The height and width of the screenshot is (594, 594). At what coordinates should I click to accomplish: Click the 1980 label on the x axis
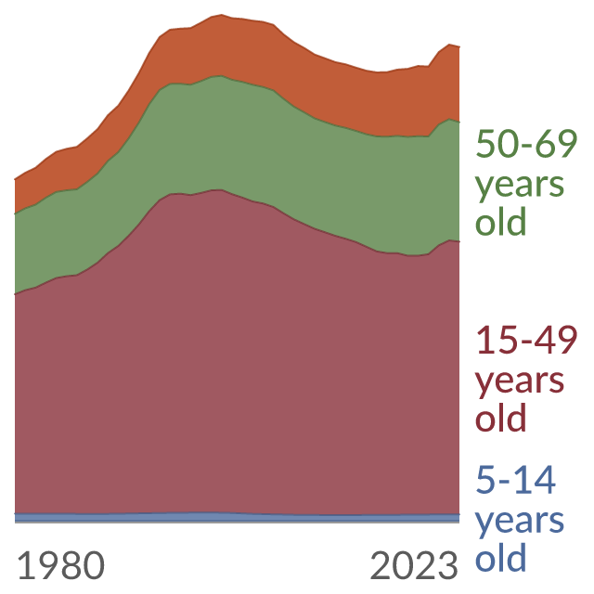click(x=61, y=565)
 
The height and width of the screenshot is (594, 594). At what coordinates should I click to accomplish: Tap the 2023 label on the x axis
click(x=414, y=565)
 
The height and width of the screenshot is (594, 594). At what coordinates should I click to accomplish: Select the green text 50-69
click(x=526, y=144)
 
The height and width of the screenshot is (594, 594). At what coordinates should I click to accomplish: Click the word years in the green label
click(x=520, y=186)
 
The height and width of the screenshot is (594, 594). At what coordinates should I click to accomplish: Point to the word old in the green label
click(x=500, y=221)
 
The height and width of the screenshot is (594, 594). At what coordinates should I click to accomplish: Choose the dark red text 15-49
click(x=526, y=341)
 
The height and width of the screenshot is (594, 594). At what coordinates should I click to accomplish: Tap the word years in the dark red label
click(x=520, y=382)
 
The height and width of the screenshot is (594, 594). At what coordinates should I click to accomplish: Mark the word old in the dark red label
click(x=500, y=418)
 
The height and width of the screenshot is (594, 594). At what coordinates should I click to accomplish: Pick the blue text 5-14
click(x=516, y=480)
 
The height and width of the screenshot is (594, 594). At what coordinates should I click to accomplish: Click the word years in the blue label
click(x=520, y=522)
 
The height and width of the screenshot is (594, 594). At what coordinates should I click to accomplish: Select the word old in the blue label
click(x=500, y=557)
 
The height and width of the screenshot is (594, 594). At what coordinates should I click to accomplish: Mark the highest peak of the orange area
click(x=221, y=15)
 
